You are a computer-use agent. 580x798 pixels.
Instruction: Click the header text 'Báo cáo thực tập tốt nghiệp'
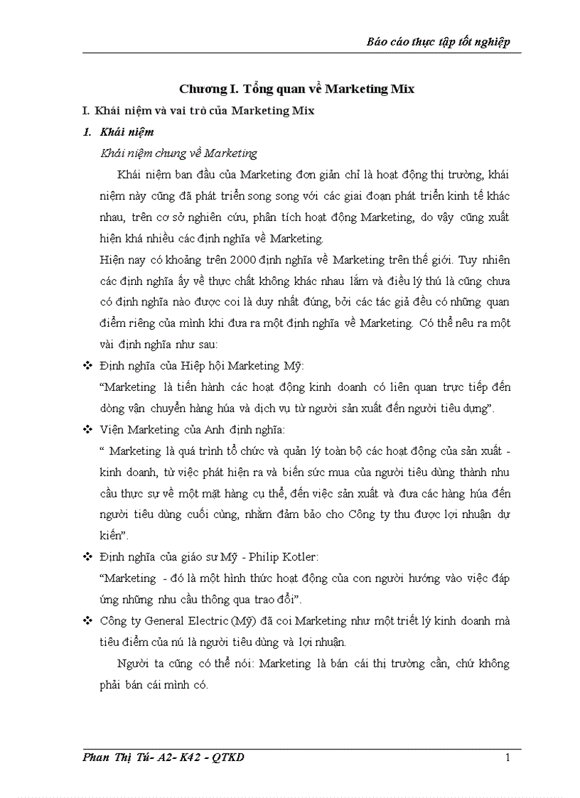(x=438, y=42)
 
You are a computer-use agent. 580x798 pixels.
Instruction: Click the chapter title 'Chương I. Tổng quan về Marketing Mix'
(x=296, y=89)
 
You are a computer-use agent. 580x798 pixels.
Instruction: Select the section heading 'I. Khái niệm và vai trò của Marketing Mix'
(x=198, y=110)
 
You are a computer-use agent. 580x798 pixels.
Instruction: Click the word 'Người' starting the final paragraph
(x=134, y=664)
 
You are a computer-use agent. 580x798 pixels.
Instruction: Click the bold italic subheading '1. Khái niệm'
(x=118, y=132)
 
